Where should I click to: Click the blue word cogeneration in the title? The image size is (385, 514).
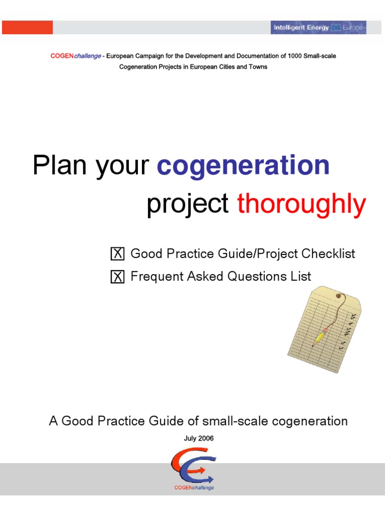(x=243, y=166)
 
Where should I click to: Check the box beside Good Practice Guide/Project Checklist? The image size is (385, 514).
(x=117, y=254)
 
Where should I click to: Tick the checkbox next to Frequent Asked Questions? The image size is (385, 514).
(x=117, y=277)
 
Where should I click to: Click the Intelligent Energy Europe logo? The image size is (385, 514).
(x=319, y=28)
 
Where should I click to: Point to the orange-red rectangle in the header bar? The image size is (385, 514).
(x=27, y=28)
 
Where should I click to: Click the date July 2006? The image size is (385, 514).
(x=199, y=438)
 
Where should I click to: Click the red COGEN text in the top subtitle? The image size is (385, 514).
(x=62, y=56)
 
